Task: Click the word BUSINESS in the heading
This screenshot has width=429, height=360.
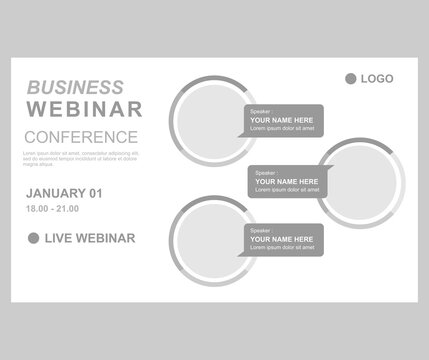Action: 76,87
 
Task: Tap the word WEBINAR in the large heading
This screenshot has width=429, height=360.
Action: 83,109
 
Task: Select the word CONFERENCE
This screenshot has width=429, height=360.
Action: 81,136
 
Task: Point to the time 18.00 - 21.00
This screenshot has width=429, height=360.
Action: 51,209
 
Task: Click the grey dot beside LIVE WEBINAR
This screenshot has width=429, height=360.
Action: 33,237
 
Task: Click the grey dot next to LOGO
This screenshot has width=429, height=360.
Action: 350,78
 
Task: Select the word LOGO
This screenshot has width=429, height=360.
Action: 377,78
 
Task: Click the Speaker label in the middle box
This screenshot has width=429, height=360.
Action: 265,171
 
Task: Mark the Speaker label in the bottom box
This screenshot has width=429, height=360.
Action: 260,230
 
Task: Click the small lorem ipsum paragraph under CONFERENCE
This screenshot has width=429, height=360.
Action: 80,156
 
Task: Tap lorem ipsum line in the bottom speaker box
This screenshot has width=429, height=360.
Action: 284,250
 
